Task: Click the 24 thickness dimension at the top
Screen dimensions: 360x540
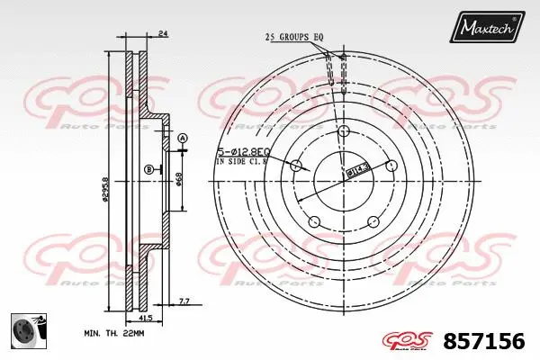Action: click(x=162, y=34)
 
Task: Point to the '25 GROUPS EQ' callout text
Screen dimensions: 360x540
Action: click(x=293, y=37)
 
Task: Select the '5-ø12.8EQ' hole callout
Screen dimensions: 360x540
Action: click(x=242, y=153)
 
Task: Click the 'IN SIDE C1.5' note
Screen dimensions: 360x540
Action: click(x=241, y=163)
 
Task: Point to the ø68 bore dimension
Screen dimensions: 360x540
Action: click(x=179, y=179)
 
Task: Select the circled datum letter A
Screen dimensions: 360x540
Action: click(x=182, y=138)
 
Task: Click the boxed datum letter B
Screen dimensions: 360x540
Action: click(x=148, y=168)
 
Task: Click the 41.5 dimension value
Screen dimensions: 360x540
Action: click(x=145, y=318)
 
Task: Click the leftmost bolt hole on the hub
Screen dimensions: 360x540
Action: click(x=296, y=165)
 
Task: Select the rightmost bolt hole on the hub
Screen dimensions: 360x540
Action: click(x=390, y=165)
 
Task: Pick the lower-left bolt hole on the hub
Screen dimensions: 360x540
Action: click(x=314, y=220)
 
